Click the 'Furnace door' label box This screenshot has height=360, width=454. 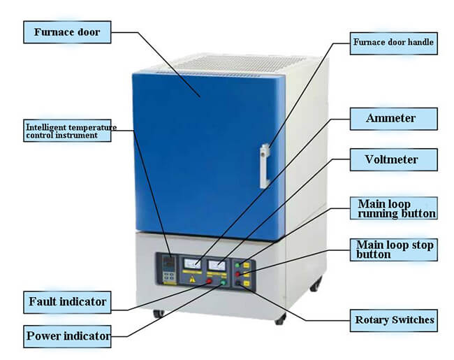coord(67,31)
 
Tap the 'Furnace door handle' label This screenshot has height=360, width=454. coord(393,43)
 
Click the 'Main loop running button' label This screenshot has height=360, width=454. coord(395,208)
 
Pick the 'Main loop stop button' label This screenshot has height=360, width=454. coord(395,250)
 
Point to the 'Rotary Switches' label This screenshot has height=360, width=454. coord(393,321)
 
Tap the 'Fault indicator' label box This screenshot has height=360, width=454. coord(67,302)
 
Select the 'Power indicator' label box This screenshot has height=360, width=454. coord(67,336)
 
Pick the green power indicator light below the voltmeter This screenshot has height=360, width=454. coord(223,283)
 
